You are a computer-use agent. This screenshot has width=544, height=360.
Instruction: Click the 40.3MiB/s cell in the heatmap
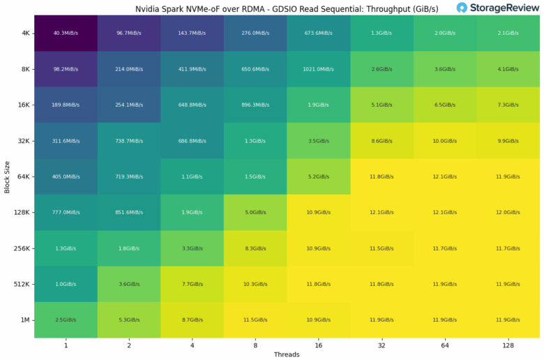66,33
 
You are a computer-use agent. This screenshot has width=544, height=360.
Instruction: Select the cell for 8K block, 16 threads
319,68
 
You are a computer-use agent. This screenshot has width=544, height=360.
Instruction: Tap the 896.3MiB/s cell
255,105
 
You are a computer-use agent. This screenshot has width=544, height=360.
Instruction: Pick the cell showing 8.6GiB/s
382,140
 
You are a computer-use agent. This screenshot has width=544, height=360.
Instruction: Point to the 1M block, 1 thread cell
66,320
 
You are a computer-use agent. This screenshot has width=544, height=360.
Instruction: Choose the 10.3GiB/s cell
255,284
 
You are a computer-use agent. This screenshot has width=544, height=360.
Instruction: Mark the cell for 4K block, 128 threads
508,33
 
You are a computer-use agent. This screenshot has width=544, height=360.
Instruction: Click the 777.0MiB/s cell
66,212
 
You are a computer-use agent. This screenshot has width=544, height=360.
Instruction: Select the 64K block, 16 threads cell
319,177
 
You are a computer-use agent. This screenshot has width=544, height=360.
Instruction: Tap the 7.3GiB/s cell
508,105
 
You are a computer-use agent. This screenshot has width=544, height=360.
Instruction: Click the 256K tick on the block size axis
21,248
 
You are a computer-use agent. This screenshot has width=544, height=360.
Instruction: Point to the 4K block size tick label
24,33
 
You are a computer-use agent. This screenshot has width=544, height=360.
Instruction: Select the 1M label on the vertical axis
24,320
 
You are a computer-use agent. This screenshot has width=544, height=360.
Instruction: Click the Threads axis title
287,354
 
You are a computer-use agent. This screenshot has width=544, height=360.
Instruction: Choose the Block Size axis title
7,176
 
